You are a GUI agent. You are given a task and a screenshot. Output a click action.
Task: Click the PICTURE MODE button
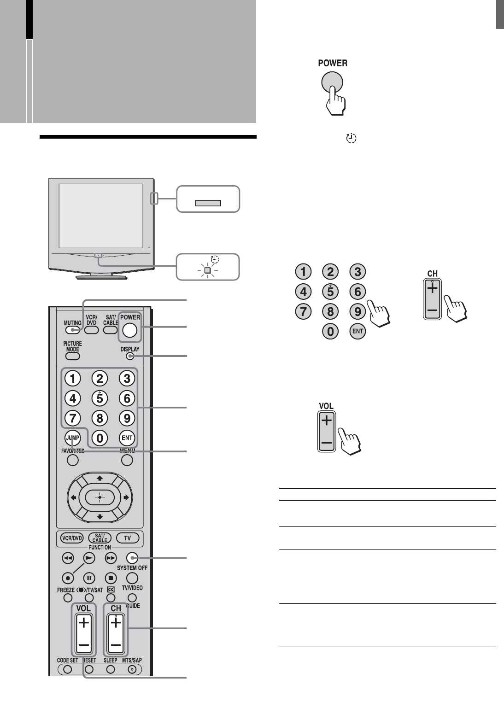[x=73, y=356]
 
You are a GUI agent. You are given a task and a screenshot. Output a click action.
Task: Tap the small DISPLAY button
[x=130, y=356]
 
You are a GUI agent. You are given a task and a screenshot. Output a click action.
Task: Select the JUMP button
[x=73, y=437]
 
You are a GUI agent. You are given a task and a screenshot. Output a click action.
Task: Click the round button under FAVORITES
[x=72, y=460]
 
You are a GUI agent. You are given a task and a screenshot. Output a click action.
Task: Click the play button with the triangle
[x=88, y=558]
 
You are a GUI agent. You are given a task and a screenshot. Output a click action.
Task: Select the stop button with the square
[x=111, y=578]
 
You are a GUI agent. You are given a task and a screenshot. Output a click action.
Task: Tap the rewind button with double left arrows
[x=68, y=558]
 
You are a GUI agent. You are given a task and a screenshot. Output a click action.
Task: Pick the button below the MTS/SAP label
[x=132, y=669]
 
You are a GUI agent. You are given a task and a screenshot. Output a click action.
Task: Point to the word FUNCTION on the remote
[x=100, y=547]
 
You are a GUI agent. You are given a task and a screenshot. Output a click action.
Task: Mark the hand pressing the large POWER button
[x=336, y=99]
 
